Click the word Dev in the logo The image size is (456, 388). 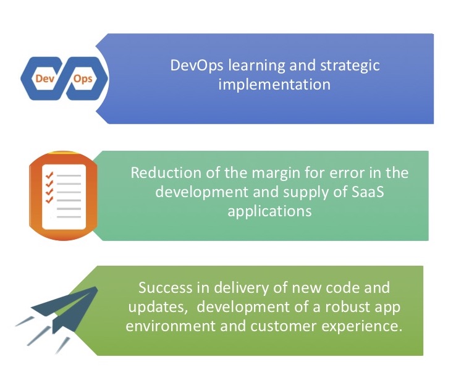click(45, 78)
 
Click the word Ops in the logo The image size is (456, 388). click(83, 79)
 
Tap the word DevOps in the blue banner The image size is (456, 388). click(197, 65)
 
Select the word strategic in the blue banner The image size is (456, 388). click(350, 65)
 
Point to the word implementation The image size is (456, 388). click(274, 85)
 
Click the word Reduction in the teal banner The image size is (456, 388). click(166, 173)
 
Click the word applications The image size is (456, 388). click(269, 211)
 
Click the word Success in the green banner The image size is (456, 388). click(165, 288)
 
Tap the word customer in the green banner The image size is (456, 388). click(283, 326)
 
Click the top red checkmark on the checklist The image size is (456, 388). click(49, 175)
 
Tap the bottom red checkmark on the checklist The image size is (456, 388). click(49, 200)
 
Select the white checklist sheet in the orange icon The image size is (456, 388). click(64, 197)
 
